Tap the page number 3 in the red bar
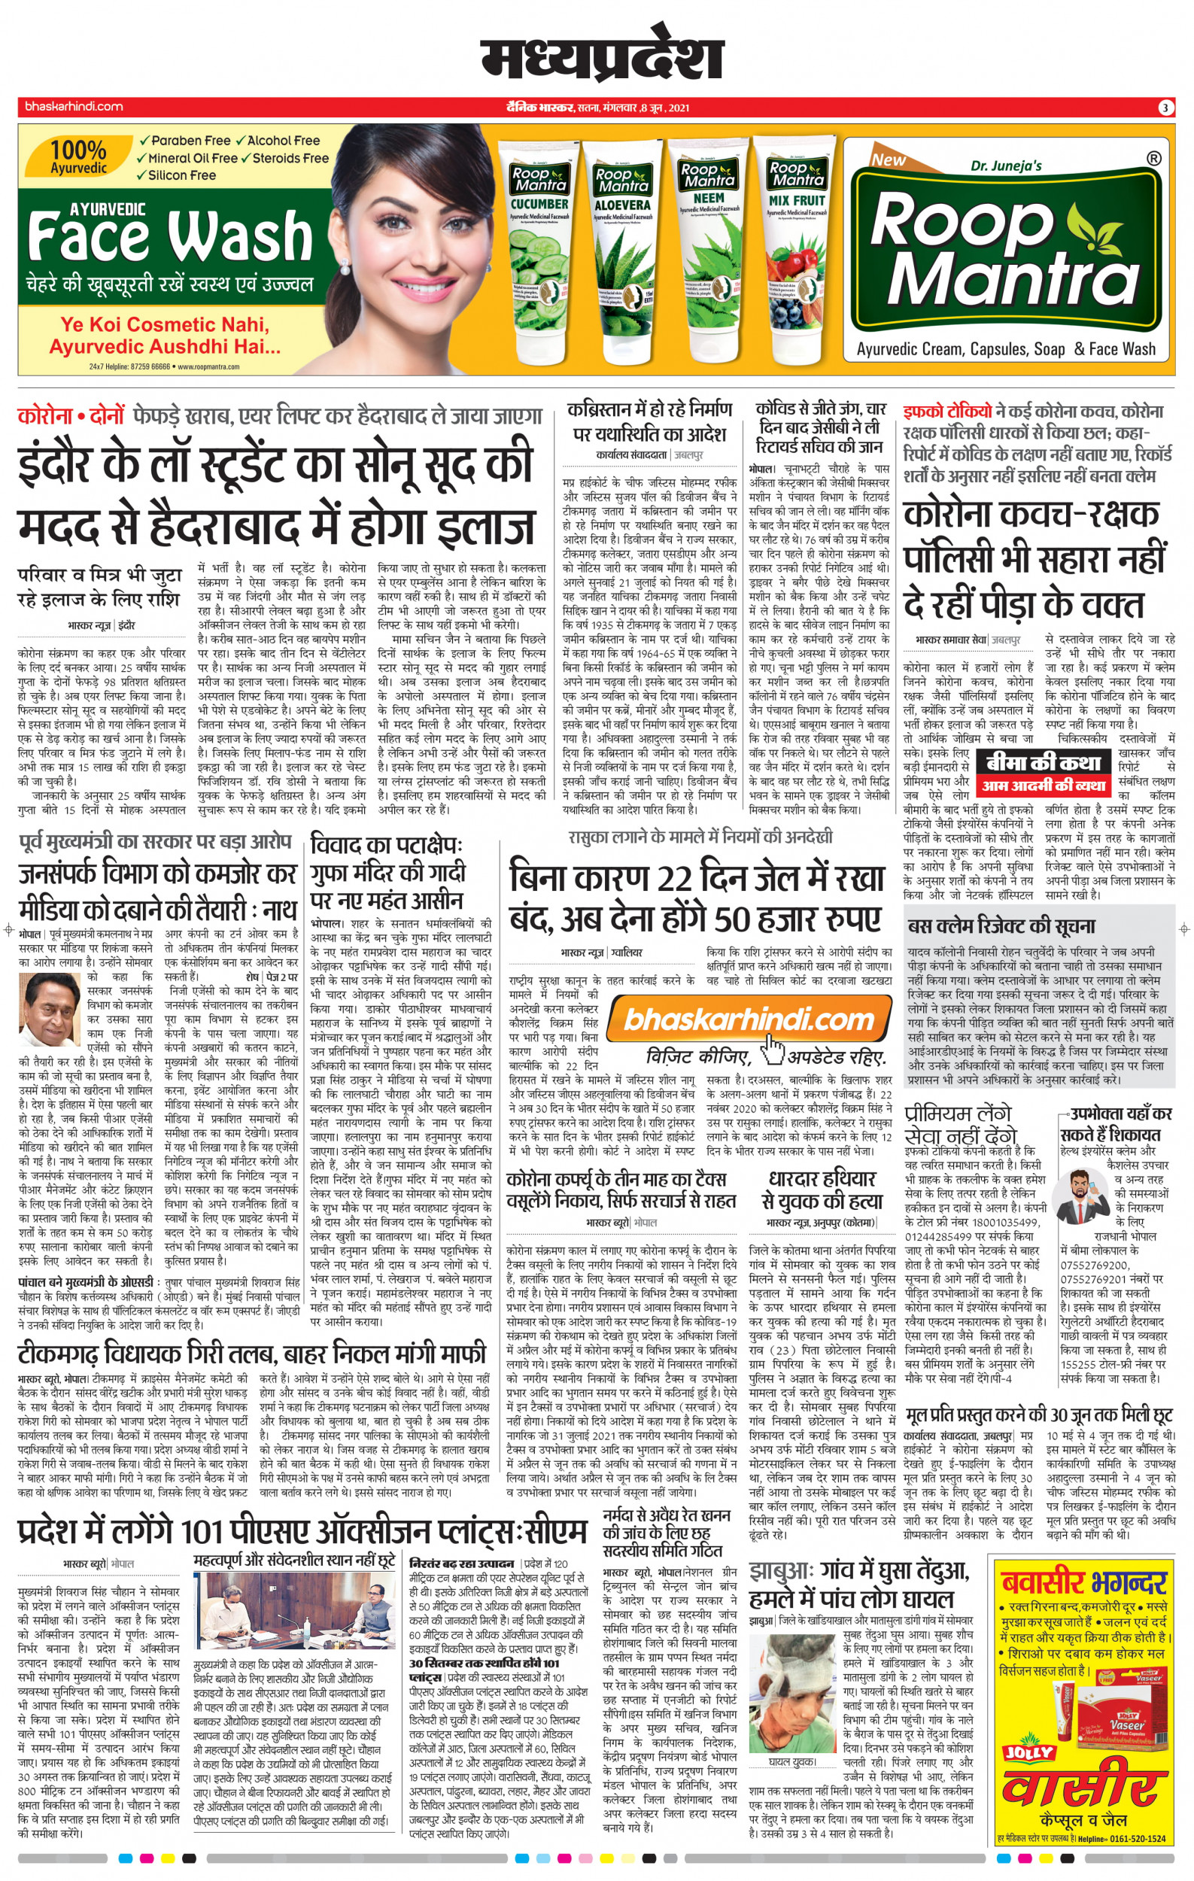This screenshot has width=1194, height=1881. (x=1164, y=108)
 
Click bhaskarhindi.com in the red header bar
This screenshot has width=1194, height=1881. (x=74, y=107)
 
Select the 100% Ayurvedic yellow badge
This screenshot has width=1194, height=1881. (x=79, y=156)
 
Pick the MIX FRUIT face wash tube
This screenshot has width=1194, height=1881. (x=797, y=250)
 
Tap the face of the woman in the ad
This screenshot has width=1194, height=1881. (x=410, y=211)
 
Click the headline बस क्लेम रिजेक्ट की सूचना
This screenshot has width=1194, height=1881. (x=1001, y=926)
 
